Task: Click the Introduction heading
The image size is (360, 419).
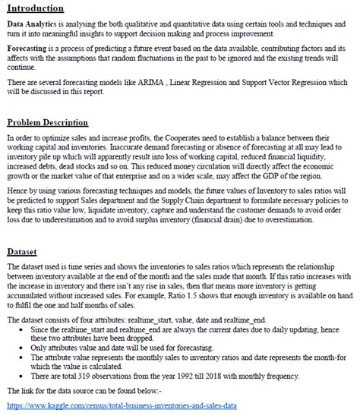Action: tap(35, 8)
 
